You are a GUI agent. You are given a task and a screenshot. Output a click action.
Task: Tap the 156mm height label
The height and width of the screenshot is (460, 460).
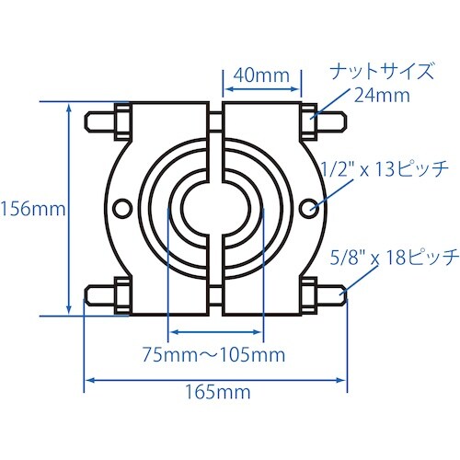point(33,209)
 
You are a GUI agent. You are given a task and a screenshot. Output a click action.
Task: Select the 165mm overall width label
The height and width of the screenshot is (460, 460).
point(216,393)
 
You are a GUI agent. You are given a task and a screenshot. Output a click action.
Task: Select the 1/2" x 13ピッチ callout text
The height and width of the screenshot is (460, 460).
point(385,169)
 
